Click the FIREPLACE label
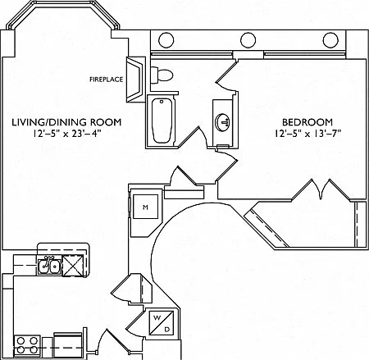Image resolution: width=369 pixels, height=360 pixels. click(x=107, y=80)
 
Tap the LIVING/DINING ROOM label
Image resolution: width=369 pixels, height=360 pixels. click(x=66, y=122)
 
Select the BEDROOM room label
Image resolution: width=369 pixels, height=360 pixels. click(x=307, y=122)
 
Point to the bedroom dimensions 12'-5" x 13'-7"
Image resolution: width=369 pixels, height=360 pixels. click(x=308, y=134)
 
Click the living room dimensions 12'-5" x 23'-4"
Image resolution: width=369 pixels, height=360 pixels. click(x=67, y=134)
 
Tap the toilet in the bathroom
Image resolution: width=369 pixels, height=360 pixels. click(x=162, y=75)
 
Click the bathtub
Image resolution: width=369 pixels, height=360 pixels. click(x=162, y=121)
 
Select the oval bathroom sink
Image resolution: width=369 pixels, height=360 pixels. click(x=223, y=122)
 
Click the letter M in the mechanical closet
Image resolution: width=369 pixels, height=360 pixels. click(x=145, y=207)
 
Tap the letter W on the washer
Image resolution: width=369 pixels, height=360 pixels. click(x=157, y=317)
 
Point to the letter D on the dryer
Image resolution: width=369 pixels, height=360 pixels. click(x=166, y=330)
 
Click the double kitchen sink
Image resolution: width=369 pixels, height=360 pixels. click(x=49, y=265)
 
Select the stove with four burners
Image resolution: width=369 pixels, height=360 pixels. click(x=27, y=346)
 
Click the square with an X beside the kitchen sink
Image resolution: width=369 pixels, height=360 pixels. click(x=73, y=266)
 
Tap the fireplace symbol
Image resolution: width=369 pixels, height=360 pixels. click(x=135, y=80)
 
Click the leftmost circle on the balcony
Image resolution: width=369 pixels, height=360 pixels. click(x=166, y=40)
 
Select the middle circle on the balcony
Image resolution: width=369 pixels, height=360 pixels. click(x=248, y=40)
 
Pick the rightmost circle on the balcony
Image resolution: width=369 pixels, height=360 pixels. click(x=330, y=40)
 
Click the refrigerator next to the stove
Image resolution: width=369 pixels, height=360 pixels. click(x=68, y=345)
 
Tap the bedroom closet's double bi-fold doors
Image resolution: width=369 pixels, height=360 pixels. click(x=321, y=190)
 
